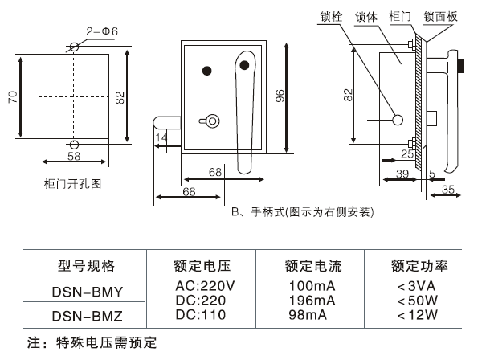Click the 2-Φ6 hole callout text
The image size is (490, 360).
click(x=103, y=31)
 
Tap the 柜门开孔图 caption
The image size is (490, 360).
click(x=73, y=183)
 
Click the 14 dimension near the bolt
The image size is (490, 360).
click(x=162, y=139)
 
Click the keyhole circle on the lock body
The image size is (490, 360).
click(x=212, y=121)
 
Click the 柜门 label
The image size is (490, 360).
click(x=399, y=15)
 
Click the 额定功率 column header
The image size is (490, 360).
click(x=419, y=266)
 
